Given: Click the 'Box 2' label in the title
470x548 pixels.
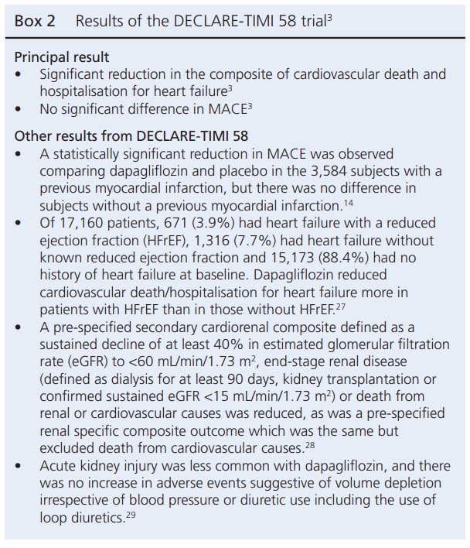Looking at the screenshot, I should [35, 21].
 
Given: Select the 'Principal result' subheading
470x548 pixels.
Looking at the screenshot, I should [62, 57].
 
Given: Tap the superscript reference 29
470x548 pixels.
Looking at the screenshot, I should [132, 512].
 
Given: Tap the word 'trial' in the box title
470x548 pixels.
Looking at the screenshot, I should [308, 21].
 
